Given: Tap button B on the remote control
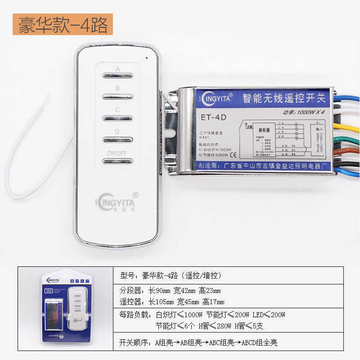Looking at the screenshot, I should [117, 96].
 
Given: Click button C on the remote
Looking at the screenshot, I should [117, 118].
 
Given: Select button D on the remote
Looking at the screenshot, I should [117, 139].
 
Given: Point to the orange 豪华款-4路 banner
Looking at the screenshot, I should [63, 25].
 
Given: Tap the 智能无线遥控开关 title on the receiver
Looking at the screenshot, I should [285, 98].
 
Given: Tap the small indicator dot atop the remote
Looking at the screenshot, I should [146, 58].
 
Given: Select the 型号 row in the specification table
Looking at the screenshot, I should [171, 275].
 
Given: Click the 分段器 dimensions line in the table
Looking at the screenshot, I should [171, 290].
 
